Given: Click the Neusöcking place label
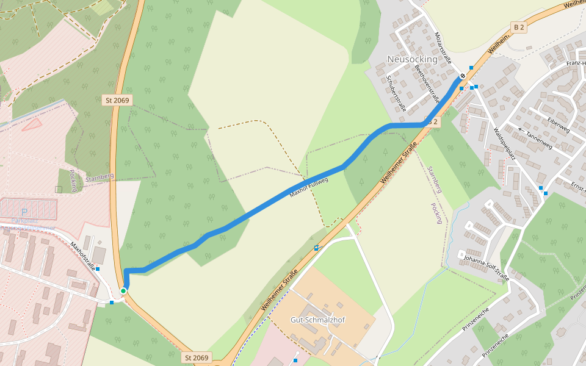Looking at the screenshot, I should coord(413,59).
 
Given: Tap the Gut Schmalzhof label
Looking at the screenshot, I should coord(318,320).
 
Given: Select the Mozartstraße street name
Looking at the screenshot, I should coord(442,48).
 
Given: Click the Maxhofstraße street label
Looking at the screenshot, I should coord(84,257).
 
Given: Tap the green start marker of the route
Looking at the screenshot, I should coord(123,291).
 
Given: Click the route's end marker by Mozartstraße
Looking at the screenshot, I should coord(463,76).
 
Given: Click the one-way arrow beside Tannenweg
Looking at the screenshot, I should coord(520,129).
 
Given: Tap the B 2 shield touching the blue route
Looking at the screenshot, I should coord(432,122).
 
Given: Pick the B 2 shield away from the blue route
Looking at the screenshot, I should coord(519,27).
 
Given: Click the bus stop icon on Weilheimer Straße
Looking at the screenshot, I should coord(316,248).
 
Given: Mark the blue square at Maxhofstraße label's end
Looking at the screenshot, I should coord(98,268).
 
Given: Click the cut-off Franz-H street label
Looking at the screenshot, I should coord(576,63).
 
